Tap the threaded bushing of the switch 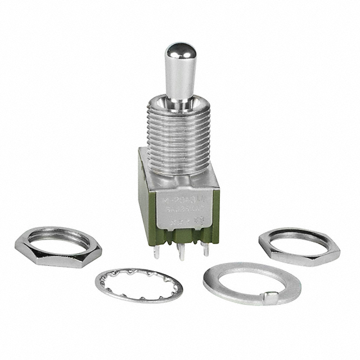[178, 129]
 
